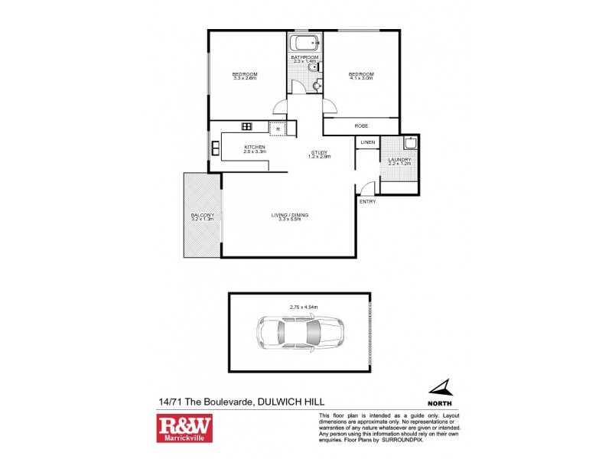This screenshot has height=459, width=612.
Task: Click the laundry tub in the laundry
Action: click(409, 142)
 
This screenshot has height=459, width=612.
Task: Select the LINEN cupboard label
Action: click(367, 142)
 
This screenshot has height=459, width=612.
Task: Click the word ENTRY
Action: click(367, 201)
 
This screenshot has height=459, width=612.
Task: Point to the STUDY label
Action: click(319, 151)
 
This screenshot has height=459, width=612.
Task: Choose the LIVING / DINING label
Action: click(290, 215)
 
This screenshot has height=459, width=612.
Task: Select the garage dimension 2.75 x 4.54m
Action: click(304, 307)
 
